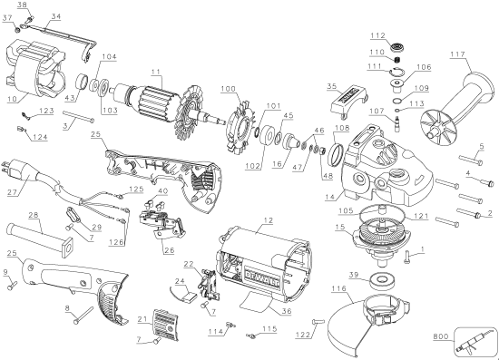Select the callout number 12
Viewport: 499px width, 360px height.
click(x=268, y=221)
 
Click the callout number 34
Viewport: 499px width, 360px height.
click(x=56, y=17)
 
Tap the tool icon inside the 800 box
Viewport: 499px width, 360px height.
click(x=471, y=343)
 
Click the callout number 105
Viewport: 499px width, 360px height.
click(x=343, y=210)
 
